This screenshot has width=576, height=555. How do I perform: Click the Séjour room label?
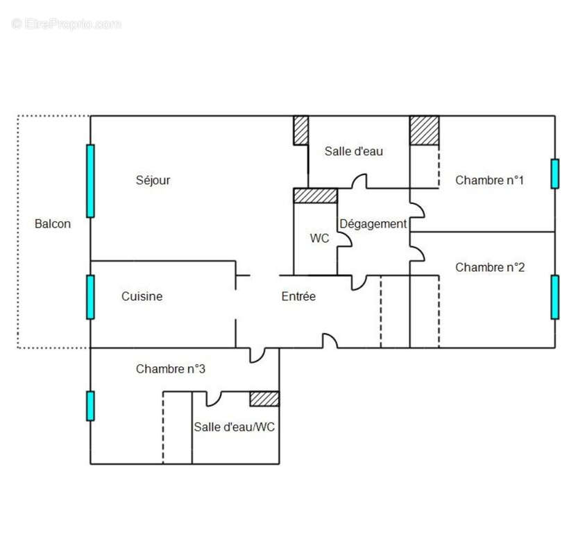click(153, 180)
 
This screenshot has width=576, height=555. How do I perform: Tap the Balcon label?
click(53, 224)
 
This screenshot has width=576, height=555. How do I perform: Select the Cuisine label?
click(142, 296)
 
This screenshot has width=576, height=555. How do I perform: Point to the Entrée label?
click(298, 296)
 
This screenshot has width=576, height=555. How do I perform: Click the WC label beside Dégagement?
click(319, 238)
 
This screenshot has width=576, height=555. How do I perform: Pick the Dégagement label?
click(373, 224)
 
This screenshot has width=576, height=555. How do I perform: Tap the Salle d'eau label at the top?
click(354, 151)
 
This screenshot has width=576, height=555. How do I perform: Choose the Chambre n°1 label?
click(489, 180)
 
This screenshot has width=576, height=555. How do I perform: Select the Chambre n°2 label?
click(489, 267)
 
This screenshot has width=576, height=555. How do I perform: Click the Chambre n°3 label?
click(170, 369)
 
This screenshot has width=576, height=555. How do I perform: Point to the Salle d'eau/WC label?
click(234, 427)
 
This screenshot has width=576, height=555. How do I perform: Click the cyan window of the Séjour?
click(90, 181)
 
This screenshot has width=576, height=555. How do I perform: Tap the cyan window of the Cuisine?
click(90, 297)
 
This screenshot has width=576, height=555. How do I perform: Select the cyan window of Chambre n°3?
click(90, 406)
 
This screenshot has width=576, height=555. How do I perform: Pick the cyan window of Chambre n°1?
click(554, 173)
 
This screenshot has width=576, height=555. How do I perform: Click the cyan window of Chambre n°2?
click(554, 297)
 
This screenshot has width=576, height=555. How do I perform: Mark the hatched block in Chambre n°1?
click(424, 130)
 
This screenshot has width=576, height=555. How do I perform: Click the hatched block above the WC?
click(316, 196)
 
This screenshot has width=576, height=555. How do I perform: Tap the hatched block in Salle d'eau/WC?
click(264, 398)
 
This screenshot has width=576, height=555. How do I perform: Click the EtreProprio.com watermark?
click(67, 24)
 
